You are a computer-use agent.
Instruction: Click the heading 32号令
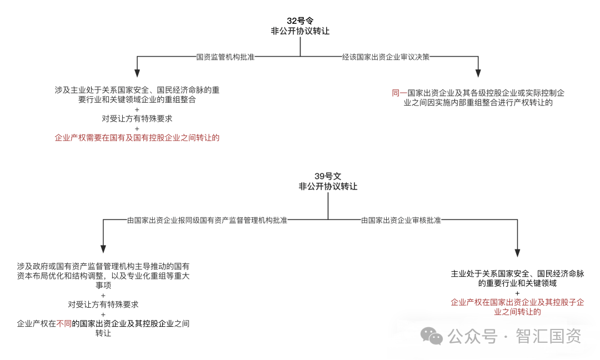[300, 21]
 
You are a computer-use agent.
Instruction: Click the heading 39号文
[328, 176]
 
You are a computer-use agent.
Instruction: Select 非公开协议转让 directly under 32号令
[300, 31]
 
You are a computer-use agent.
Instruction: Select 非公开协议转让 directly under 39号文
[328, 187]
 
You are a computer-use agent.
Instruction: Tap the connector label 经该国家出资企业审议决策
[386, 57]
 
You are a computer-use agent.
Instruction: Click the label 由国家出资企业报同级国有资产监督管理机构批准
[207, 220]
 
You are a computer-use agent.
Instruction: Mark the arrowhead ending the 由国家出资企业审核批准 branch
[517, 252]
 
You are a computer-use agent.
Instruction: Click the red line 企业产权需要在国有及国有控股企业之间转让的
[137, 138]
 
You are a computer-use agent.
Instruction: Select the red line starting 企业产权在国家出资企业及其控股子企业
[517, 302]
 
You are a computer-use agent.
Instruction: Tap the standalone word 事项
[103, 286]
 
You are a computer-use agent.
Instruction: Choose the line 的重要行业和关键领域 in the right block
[517, 283]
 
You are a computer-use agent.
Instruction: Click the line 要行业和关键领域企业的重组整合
[137, 100]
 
